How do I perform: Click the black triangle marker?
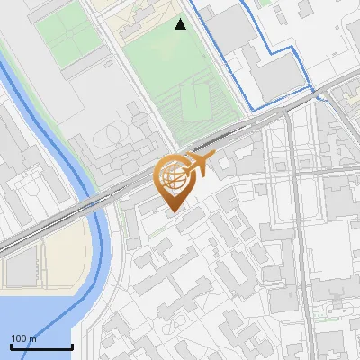(181, 24)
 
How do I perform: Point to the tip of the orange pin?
(172, 212)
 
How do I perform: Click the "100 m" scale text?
(24, 338)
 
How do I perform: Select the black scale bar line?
(41, 347)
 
